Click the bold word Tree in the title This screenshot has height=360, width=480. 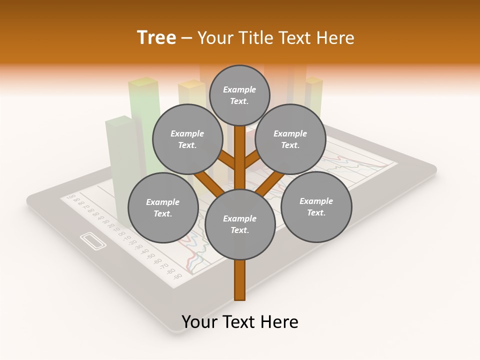coord(156,38)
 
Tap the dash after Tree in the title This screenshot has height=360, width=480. coord(187,38)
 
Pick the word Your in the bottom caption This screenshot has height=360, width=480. coord(199,322)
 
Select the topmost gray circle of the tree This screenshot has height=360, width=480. coord(239,95)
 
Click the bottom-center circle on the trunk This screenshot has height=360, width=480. coord(240,224)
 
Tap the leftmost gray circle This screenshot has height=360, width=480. coord(163,207)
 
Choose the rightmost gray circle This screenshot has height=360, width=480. coord(316,206)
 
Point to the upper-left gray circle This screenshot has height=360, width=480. coord(187,139)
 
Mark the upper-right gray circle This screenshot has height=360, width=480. coord(290,139)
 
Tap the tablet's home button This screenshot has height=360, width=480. coord(93,240)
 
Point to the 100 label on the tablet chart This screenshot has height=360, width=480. coord(70,196)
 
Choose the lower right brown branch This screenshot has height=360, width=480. coord(265,184)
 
